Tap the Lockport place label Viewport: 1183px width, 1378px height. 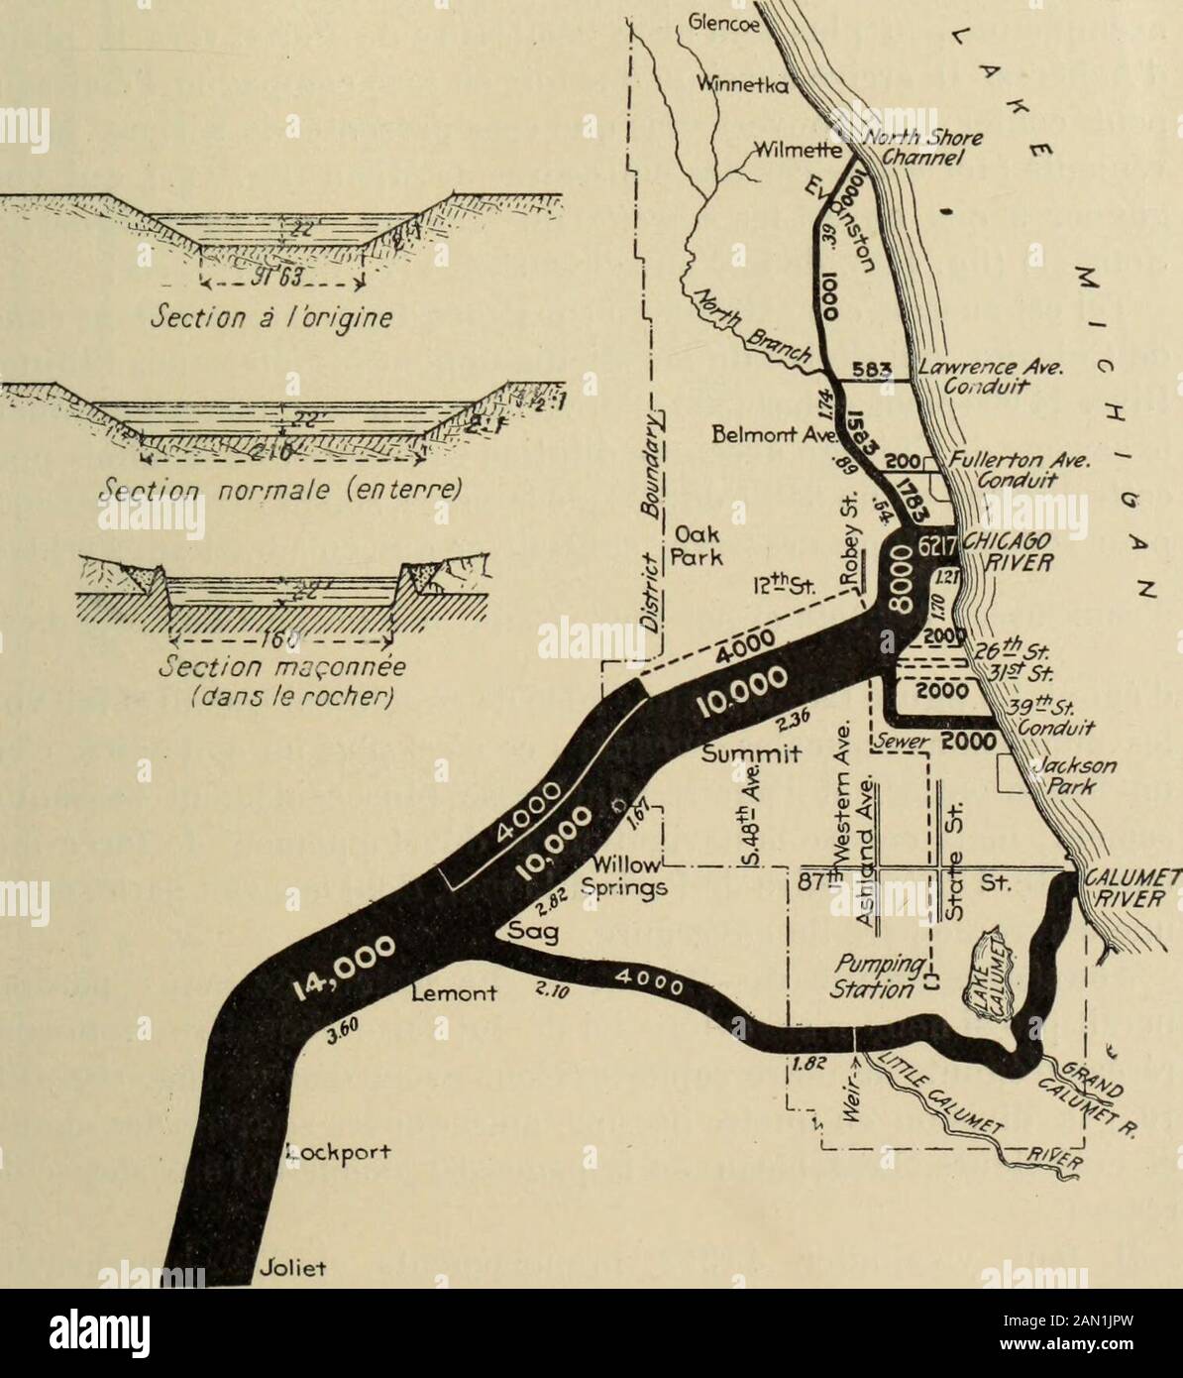pyautogui.click(x=333, y=1151)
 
